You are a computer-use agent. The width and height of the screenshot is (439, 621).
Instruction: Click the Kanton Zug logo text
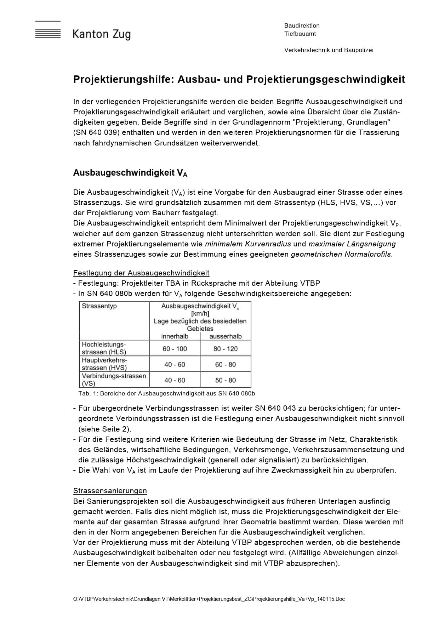[102, 34]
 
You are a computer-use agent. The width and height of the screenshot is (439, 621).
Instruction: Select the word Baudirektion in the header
[302, 25]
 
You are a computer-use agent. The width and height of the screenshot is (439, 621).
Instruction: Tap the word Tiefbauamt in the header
[300, 34]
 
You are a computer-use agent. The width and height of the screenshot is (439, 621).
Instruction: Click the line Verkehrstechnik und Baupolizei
[329, 50]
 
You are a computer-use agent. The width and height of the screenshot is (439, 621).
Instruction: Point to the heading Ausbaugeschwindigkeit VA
[130, 173]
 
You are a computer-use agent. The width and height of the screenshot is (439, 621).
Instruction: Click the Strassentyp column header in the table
[99, 306]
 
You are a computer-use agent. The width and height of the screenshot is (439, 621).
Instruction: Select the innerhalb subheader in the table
[175, 336]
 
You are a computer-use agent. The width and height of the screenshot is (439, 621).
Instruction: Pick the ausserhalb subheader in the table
[226, 336]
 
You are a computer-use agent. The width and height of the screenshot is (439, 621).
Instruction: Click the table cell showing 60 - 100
[175, 349]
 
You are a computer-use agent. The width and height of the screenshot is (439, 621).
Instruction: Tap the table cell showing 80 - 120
[226, 349]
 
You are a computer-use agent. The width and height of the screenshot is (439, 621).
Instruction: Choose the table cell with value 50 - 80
[226, 380]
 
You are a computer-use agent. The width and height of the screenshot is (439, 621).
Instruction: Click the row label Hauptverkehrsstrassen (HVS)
[104, 364]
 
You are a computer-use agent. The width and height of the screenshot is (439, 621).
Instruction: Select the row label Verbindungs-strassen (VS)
[114, 379]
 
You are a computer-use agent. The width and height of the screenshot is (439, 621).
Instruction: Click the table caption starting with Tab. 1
[167, 393]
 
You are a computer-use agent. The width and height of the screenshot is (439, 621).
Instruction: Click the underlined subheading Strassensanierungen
[110, 491]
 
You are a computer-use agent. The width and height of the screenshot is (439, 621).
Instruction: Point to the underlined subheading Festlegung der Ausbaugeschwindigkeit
[141, 273]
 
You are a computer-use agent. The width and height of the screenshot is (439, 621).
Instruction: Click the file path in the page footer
[209, 599]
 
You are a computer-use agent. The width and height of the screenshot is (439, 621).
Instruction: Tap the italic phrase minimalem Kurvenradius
[248, 244]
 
